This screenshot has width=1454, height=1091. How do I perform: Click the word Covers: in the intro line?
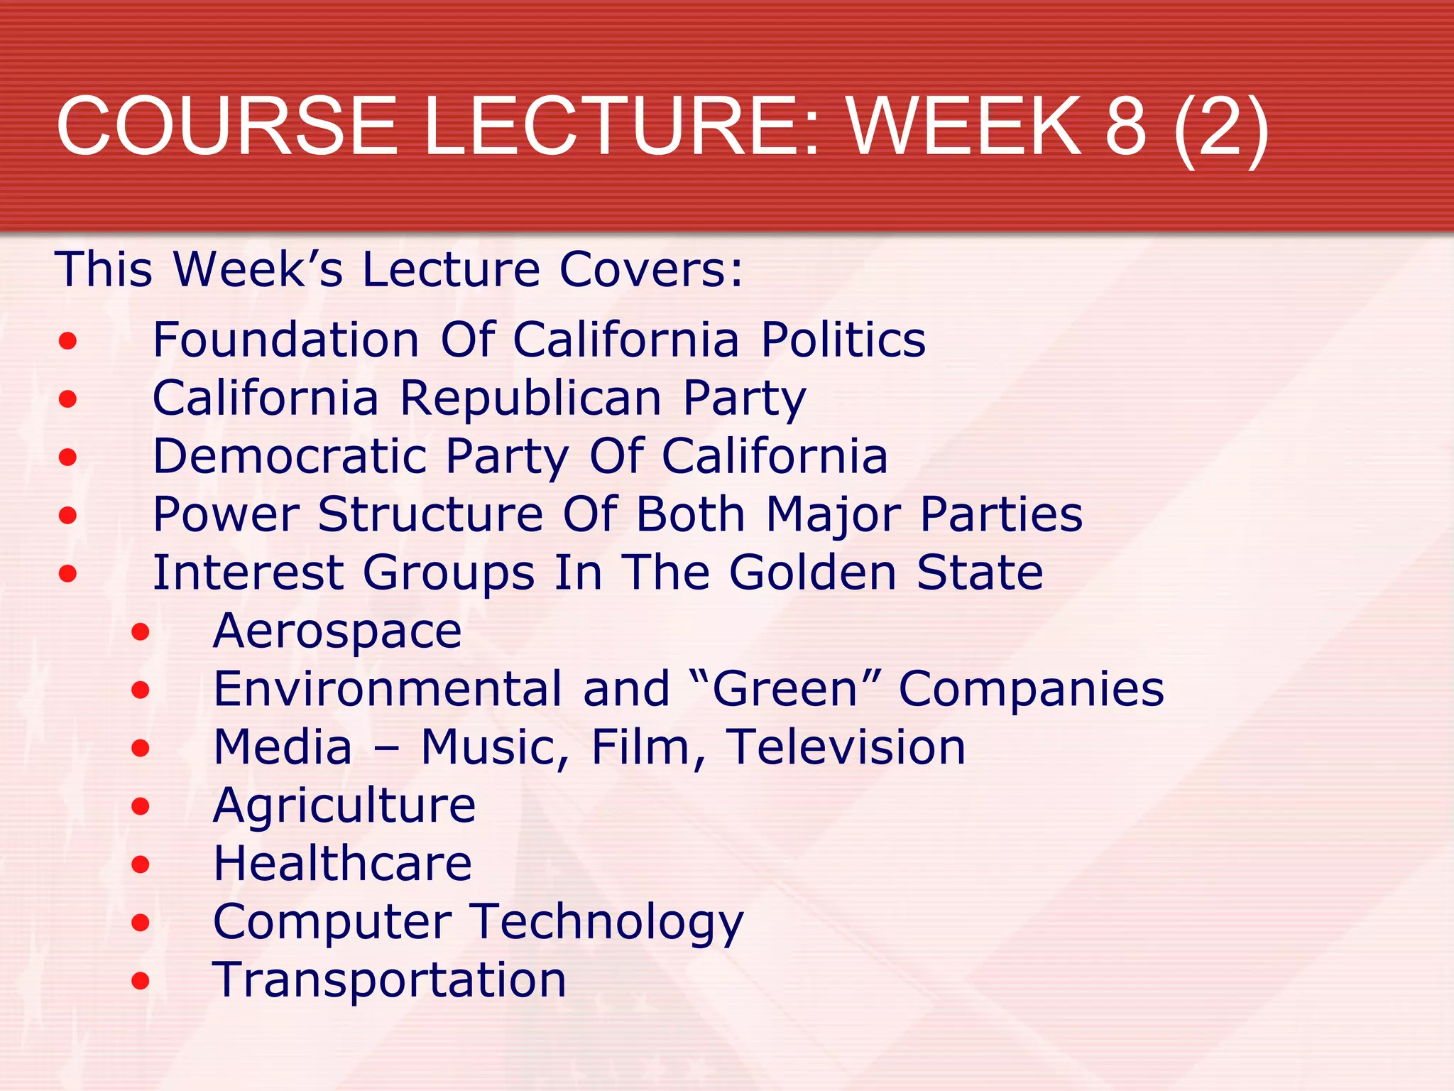(651, 270)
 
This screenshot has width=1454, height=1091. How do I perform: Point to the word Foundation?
(286, 340)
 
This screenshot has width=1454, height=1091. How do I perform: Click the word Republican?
(531, 398)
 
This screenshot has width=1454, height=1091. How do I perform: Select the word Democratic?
(290, 456)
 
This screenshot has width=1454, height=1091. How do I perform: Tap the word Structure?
(430, 514)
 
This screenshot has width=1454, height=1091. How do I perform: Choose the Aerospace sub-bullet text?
(337, 631)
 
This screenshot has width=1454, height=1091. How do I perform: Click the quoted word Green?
(786, 689)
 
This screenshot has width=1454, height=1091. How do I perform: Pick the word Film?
(641, 747)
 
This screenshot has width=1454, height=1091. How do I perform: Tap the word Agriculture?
(344, 805)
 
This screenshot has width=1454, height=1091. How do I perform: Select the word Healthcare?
(342, 864)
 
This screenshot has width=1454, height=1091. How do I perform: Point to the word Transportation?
(389, 980)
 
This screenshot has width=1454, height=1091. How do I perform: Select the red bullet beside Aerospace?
(141, 631)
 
